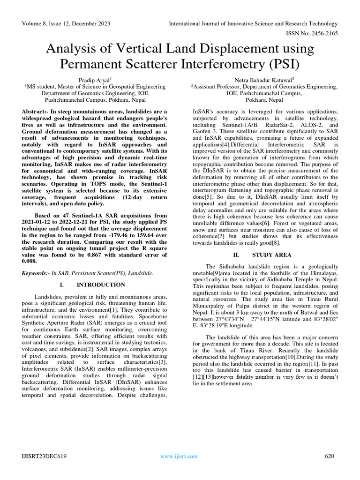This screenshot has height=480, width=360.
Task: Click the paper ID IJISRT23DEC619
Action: coord(44,456)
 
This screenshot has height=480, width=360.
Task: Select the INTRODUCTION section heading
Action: coord(100,285)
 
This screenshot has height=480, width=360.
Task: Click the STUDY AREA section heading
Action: coord(271,255)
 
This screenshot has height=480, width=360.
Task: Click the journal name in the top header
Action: coord(253,23)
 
